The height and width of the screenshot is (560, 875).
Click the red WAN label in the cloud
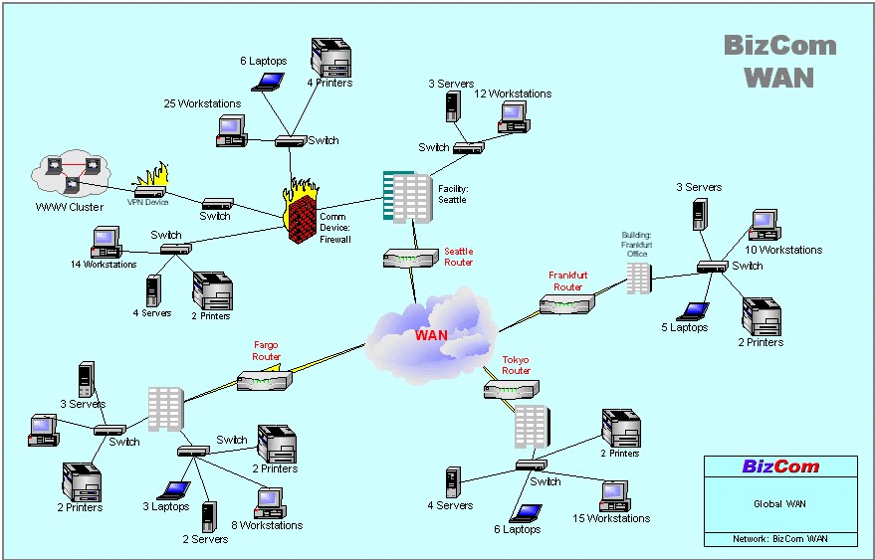pyautogui.click(x=431, y=335)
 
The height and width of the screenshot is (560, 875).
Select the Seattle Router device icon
pyautogui.click(x=410, y=259)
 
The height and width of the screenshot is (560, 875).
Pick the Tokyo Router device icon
pyautogui.click(x=510, y=390)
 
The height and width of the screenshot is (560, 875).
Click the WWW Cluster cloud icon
pyautogui.click(x=69, y=175)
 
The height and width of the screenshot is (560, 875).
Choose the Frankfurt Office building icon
pyautogui.click(x=637, y=277)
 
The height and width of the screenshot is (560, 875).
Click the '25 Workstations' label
pyautogui.click(x=202, y=103)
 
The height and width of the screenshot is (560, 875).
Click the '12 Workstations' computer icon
pyautogui.click(x=513, y=116)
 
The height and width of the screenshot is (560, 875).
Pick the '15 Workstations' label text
pyautogui.click(x=610, y=518)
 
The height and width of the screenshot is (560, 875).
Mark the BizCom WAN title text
pyautogui.click(x=779, y=61)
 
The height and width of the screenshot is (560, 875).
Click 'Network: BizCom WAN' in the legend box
pyautogui.click(x=780, y=539)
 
